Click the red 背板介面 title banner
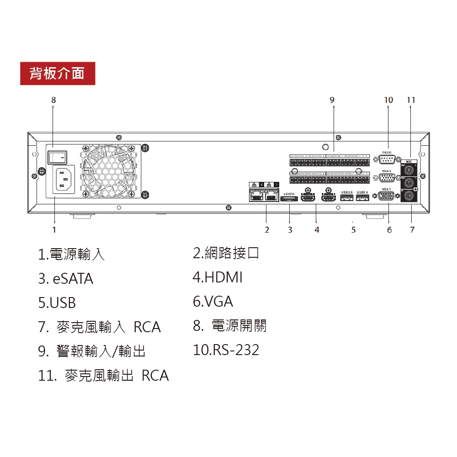coord(58,73)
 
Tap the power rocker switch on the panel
coord(57,157)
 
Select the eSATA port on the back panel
coord(289,199)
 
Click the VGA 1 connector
coord(387,196)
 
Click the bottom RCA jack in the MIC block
coord(408,196)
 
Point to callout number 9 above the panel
coord(332,99)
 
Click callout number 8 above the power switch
coord(53,99)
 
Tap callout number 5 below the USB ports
coord(353,230)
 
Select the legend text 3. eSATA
coord(66,279)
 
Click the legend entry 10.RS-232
coord(226,350)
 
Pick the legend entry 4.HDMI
coord(218,277)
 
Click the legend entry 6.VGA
coord(213,302)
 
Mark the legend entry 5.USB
coord(57,303)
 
